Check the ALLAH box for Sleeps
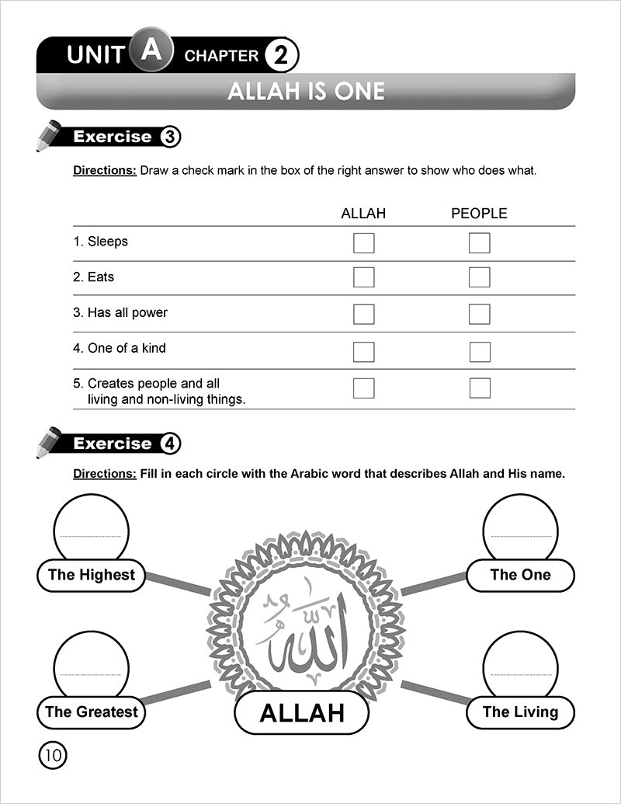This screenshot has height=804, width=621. pos(363,243)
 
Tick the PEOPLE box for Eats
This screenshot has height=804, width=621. pos(479,277)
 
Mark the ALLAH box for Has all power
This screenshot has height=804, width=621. pos(363,314)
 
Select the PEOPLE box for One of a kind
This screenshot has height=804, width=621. pos(479,352)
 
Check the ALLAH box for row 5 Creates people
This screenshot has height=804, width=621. pos(363,388)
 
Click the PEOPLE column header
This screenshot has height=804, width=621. pos(479,214)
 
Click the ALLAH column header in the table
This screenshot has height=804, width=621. pos(363,214)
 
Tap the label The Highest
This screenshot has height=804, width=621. pos(91,576)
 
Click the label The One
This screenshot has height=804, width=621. pos(520,576)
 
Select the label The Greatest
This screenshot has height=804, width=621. pos(91,712)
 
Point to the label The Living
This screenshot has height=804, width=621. pos(520,712)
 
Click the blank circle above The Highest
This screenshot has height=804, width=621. pos(91,528)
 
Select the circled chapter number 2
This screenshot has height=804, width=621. pos(280,56)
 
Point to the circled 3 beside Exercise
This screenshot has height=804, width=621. pos(171,137)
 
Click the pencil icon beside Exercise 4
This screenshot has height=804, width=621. pos(49,442)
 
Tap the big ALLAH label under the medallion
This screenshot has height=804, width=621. pos(301,713)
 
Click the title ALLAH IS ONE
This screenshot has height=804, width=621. pos(306,92)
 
